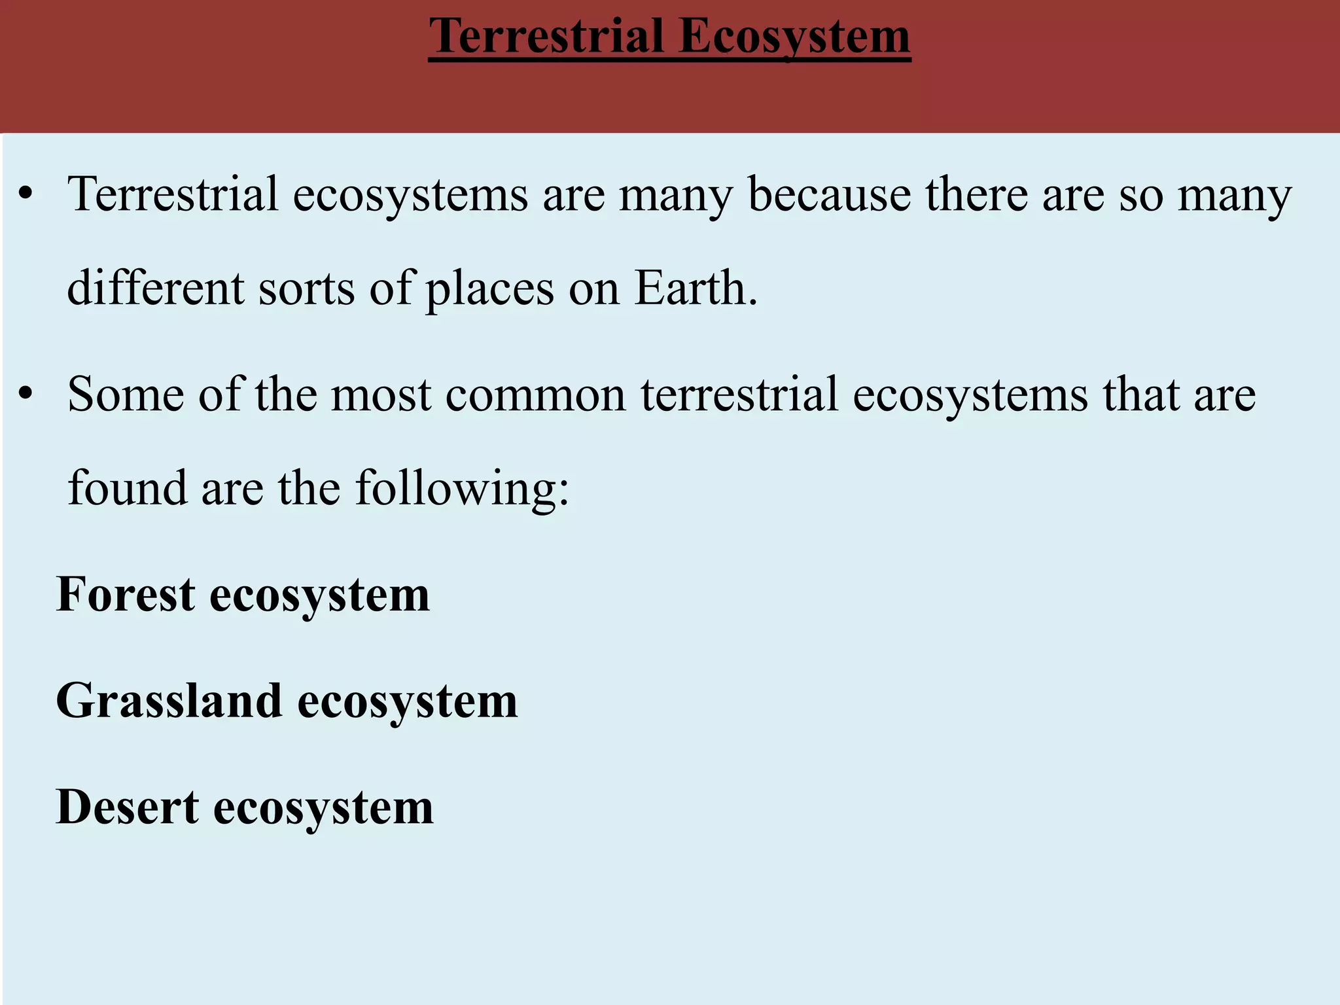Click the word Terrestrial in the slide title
click(x=546, y=36)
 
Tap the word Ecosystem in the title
click(x=794, y=37)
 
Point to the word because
click(x=829, y=194)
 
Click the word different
click(x=156, y=288)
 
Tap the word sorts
click(x=306, y=289)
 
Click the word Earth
click(x=695, y=288)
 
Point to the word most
click(x=381, y=396)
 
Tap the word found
click(x=128, y=488)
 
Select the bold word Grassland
click(x=169, y=701)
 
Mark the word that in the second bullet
click(x=1140, y=395)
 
